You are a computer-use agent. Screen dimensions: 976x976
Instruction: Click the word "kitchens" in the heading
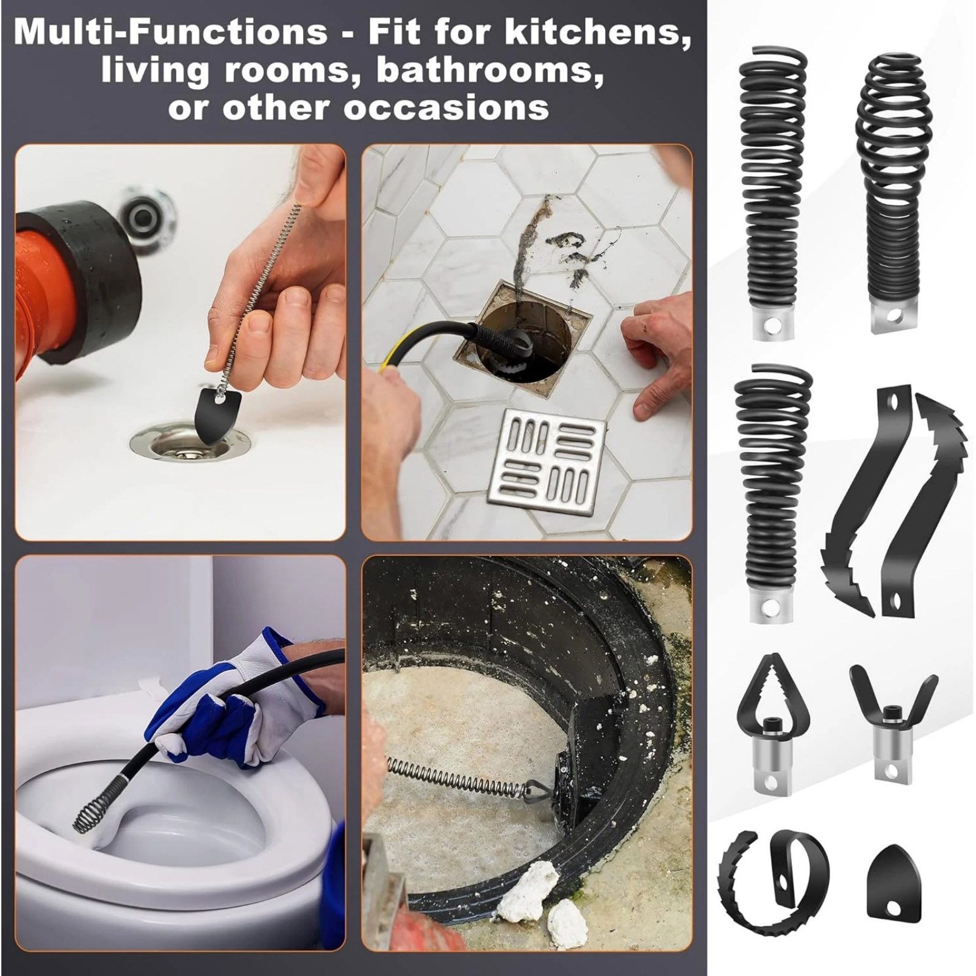(x=594, y=32)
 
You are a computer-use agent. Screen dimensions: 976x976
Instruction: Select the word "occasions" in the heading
(x=446, y=107)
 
